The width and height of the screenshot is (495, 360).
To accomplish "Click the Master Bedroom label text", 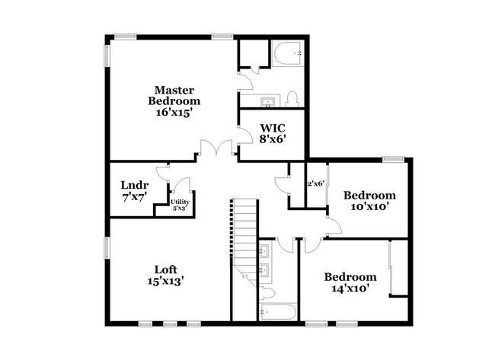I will [x=174, y=94].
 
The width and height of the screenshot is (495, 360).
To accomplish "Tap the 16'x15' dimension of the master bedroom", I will [x=174, y=111].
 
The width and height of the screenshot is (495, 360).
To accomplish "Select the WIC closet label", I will [x=273, y=127].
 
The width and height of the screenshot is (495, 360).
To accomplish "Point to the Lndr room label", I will [x=134, y=185].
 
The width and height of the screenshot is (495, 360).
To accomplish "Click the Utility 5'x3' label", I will [x=180, y=204].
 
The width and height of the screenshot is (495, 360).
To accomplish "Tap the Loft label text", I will [x=166, y=269].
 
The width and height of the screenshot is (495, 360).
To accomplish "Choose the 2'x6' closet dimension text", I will [x=315, y=183].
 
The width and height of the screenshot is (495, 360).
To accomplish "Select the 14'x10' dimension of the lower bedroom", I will [x=350, y=289].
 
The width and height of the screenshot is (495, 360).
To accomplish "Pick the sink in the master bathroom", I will [x=268, y=101].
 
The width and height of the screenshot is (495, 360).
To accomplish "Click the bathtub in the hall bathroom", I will [x=275, y=311].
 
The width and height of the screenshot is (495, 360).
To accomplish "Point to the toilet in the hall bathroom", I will [x=267, y=292].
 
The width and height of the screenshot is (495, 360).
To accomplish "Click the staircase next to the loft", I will [x=243, y=236].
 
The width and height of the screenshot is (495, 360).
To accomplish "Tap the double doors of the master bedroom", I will [x=217, y=148].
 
